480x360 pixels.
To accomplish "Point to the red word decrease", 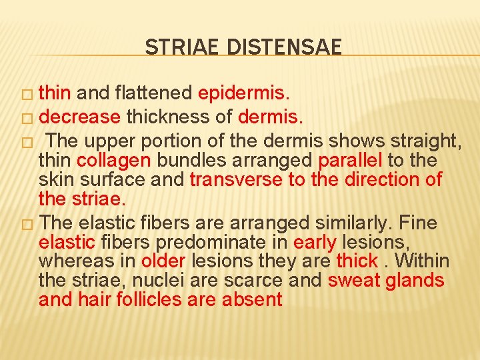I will pyautogui.click(x=79, y=118).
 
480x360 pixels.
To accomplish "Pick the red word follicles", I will pyautogui.click(x=150, y=300).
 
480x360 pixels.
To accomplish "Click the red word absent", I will pyautogui.click(x=252, y=300).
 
